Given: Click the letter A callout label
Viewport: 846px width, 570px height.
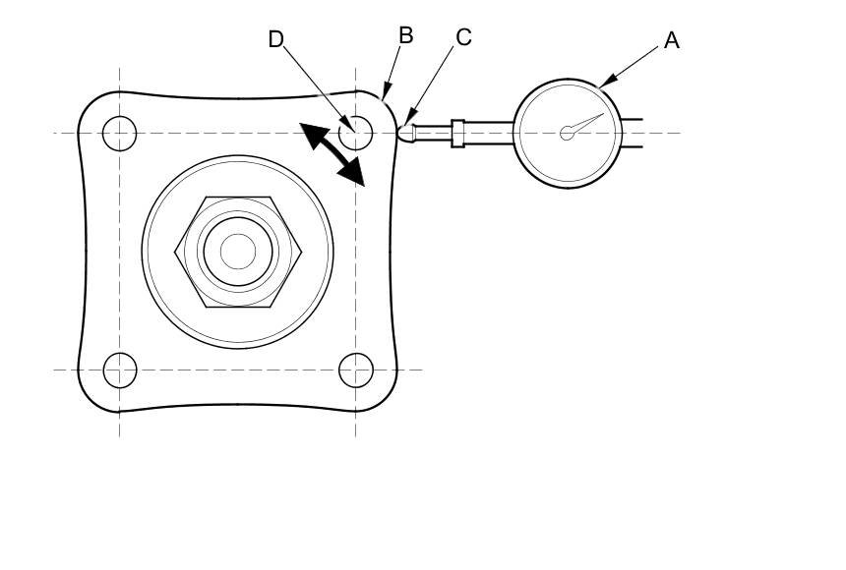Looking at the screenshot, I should tap(672, 40).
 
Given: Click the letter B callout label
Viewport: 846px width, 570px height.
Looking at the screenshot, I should tap(405, 35).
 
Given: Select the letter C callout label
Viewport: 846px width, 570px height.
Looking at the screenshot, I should tap(464, 37).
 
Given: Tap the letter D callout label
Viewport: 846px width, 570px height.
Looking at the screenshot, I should tap(276, 39).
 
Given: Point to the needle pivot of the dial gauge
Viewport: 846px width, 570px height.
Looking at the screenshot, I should tap(567, 134).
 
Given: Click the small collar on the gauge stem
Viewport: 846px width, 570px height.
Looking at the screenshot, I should tap(457, 133).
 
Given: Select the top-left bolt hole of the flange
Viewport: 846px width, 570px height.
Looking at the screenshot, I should tap(120, 132).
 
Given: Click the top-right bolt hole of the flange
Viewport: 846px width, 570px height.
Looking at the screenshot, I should tap(355, 131).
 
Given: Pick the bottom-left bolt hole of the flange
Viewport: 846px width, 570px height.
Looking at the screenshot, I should tap(120, 370).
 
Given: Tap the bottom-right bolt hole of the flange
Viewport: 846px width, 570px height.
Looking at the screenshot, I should tap(355, 370).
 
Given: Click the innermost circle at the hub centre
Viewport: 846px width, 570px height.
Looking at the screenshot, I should tap(237, 252).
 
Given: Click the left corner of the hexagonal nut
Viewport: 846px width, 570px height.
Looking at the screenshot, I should tap(177, 252).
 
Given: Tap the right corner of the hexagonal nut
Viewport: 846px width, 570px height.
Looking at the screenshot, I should tap(299, 252).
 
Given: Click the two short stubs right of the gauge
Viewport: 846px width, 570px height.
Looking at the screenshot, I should tap(632, 134).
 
